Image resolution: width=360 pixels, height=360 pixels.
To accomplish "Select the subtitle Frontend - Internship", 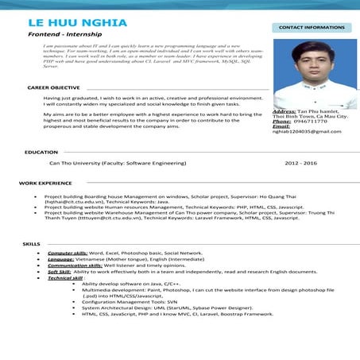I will click(62, 36).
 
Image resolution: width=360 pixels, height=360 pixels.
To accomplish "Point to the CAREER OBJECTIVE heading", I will click(53, 87).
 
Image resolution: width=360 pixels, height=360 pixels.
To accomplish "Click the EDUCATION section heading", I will click(41, 151).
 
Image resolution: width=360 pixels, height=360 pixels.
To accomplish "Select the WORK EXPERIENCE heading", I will click(45, 183).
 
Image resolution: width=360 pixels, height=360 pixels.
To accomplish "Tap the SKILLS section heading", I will click(32, 243).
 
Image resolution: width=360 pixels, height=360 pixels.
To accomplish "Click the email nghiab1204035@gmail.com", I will click(306, 131).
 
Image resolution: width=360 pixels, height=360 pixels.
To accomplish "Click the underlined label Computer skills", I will click(68, 253).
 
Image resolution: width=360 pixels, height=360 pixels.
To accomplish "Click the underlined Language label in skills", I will click(60, 259).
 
